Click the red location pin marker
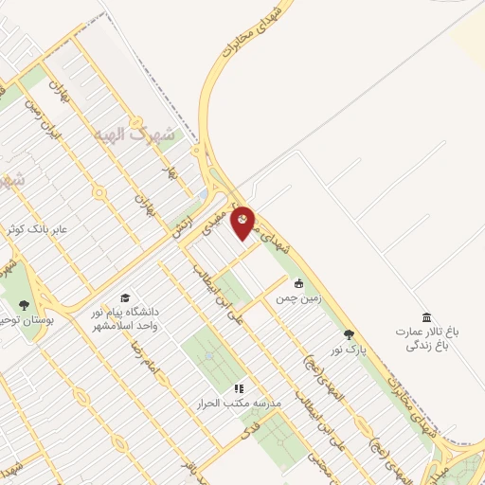(x=242, y=221)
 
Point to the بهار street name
(x=171, y=173)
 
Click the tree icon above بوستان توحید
(x=23, y=305)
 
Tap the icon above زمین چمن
(x=299, y=282)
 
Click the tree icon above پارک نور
(x=349, y=334)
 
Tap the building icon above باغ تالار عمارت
(x=426, y=316)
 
